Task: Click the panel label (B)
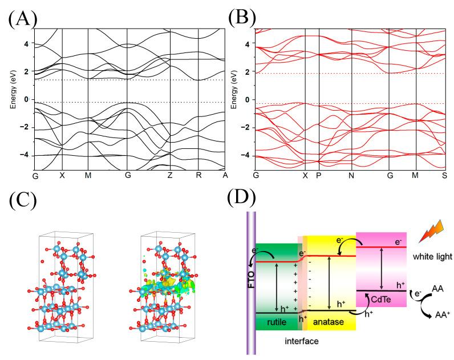pos(244,17)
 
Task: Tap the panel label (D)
pos(244,201)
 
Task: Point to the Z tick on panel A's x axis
pos(170,176)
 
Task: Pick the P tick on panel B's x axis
pos(319,176)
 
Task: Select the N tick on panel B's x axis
pos(351,176)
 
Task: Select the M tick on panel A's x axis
pos(88,176)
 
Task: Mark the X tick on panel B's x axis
pos(305,176)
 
